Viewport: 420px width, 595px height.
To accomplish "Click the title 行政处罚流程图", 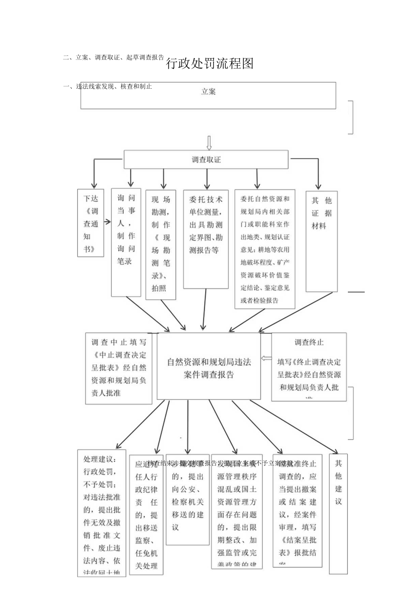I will tap(209, 64).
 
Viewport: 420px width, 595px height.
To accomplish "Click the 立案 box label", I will tap(208, 91).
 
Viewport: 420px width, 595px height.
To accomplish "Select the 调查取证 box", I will tap(206, 160).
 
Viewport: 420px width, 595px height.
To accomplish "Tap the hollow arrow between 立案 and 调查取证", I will tap(209, 143).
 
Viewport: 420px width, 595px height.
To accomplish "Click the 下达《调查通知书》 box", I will tap(91, 223).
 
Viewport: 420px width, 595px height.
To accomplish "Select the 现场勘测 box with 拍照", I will tap(161, 244).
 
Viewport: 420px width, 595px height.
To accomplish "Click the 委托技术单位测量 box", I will tap(206, 239).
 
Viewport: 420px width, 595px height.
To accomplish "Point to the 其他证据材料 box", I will tap(321, 241).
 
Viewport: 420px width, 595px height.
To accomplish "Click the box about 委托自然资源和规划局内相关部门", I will tap(265, 249).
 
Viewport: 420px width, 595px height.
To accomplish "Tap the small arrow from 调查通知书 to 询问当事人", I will tap(108, 222).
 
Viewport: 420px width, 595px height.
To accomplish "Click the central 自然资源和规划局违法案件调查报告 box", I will tap(209, 366).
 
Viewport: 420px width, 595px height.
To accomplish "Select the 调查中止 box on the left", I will tap(119, 368).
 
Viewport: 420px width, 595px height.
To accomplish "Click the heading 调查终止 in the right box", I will tap(309, 342).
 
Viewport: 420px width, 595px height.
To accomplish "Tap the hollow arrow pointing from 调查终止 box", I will tap(266, 358).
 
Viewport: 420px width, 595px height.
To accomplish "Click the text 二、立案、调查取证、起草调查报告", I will tap(114, 58).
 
